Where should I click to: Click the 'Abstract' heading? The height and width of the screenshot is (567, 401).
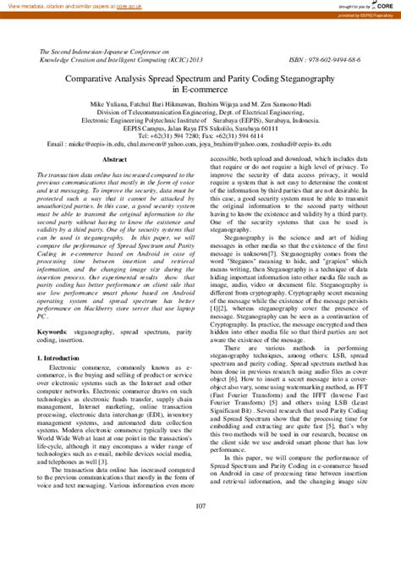pos(114,158)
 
